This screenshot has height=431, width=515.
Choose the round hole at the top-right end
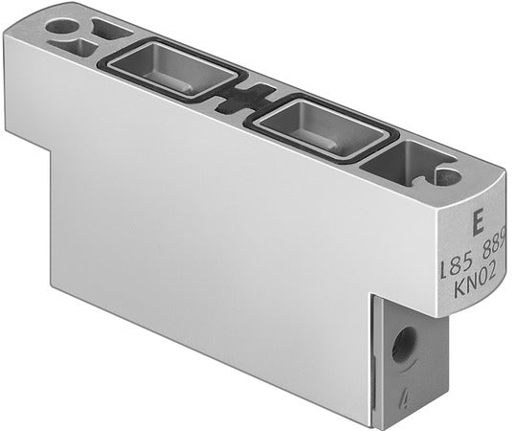[x=445, y=176]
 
